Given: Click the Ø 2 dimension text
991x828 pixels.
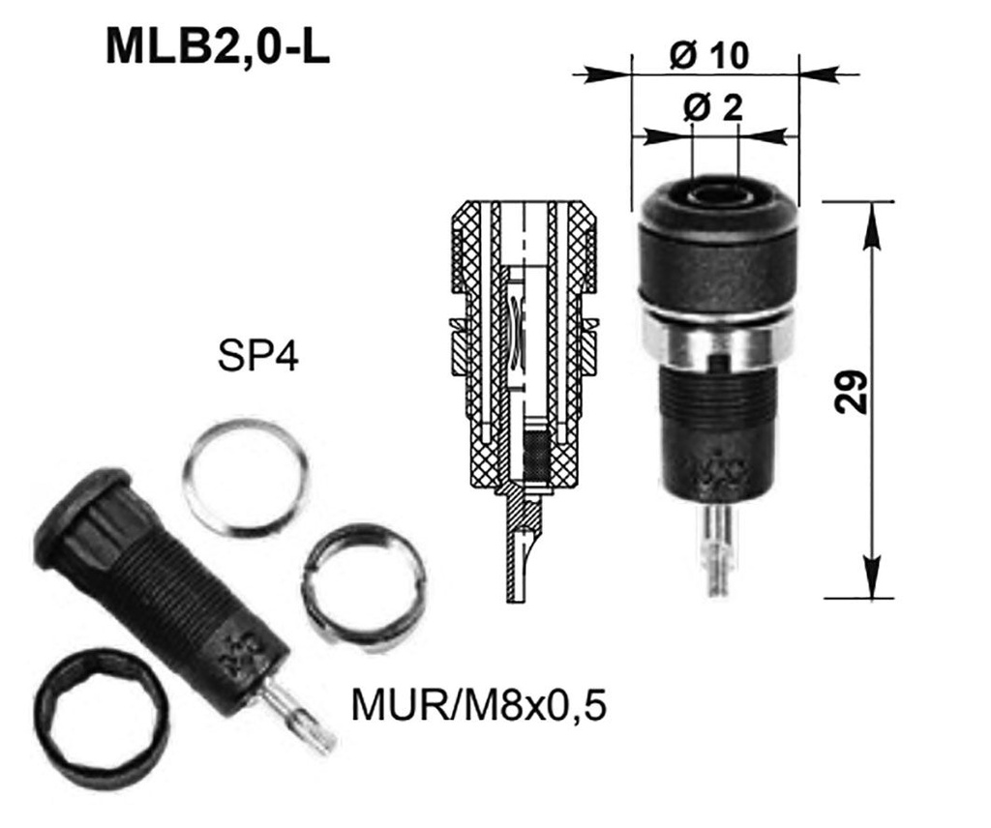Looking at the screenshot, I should pyautogui.click(x=713, y=108).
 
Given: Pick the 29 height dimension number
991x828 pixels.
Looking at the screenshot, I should pyautogui.click(x=851, y=392).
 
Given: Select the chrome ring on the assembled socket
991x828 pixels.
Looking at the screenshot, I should pyautogui.click(x=717, y=340).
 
